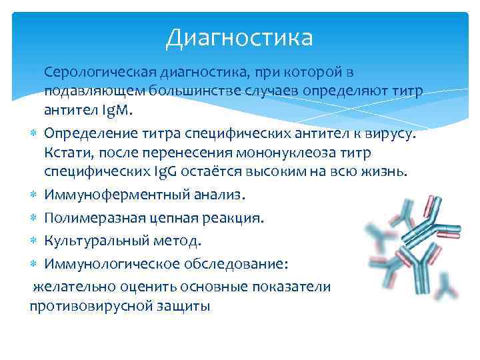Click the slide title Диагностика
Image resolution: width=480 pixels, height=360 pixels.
pyautogui.click(x=239, y=37)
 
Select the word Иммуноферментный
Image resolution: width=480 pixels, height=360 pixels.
pyautogui.click(x=109, y=195)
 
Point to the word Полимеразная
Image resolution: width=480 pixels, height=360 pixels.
pyautogui.click(x=87, y=218)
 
